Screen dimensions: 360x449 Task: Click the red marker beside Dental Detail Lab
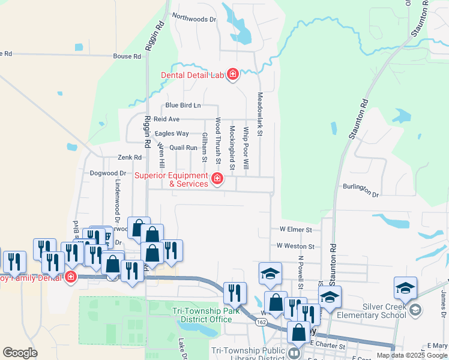pyautogui.click(x=232, y=75)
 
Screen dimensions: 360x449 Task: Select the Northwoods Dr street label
pyautogui.click(x=193, y=19)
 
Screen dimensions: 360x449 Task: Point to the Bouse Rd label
pyautogui.click(x=127, y=56)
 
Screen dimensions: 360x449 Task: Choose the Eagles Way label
pyautogui.click(x=172, y=133)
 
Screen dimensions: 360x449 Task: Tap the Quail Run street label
pyautogui.click(x=183, y=148)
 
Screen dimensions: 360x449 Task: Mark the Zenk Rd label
pyautogui.click(x=129, y=158)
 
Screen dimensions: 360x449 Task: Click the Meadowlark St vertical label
pyautogui.click(x=260, y=113)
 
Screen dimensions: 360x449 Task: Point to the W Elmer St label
pyautogui.click(x=296, y=229)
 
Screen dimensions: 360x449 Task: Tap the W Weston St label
pyautogui.click(x=295, y=246)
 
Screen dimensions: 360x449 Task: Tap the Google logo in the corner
pyautogui.click(x=20, y=353)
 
